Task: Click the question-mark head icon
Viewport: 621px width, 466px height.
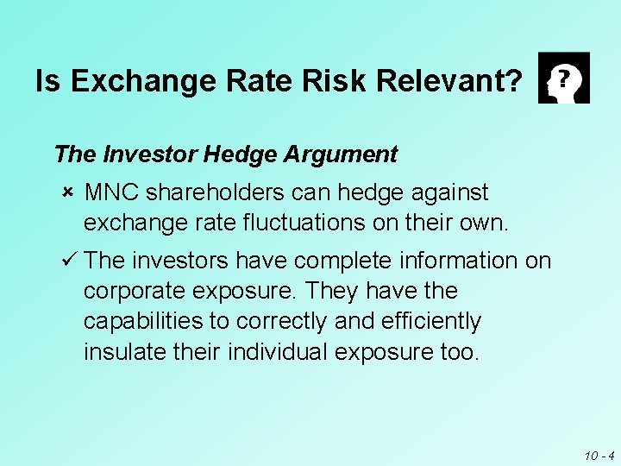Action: point(563,78)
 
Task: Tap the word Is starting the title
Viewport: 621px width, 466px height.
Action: point(49,82)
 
